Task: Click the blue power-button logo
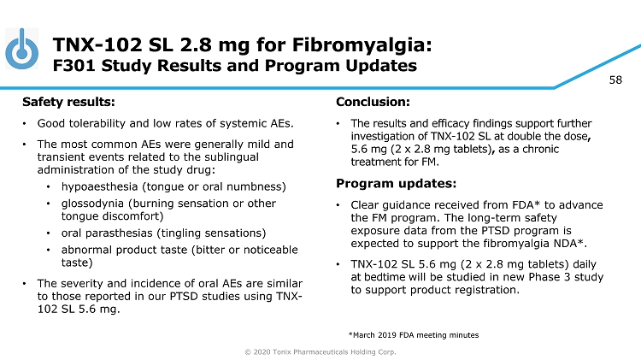[x=22, y=49]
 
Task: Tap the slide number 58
[x=615, y=80]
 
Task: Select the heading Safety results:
[x=68, y=102]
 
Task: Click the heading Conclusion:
[x=373, y=102]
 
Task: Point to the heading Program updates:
[x=396, y=184]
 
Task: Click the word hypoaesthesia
[x=99, y=187]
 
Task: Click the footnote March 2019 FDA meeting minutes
[x=414, y=335]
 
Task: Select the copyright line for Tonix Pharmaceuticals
[x=320, y=351]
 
